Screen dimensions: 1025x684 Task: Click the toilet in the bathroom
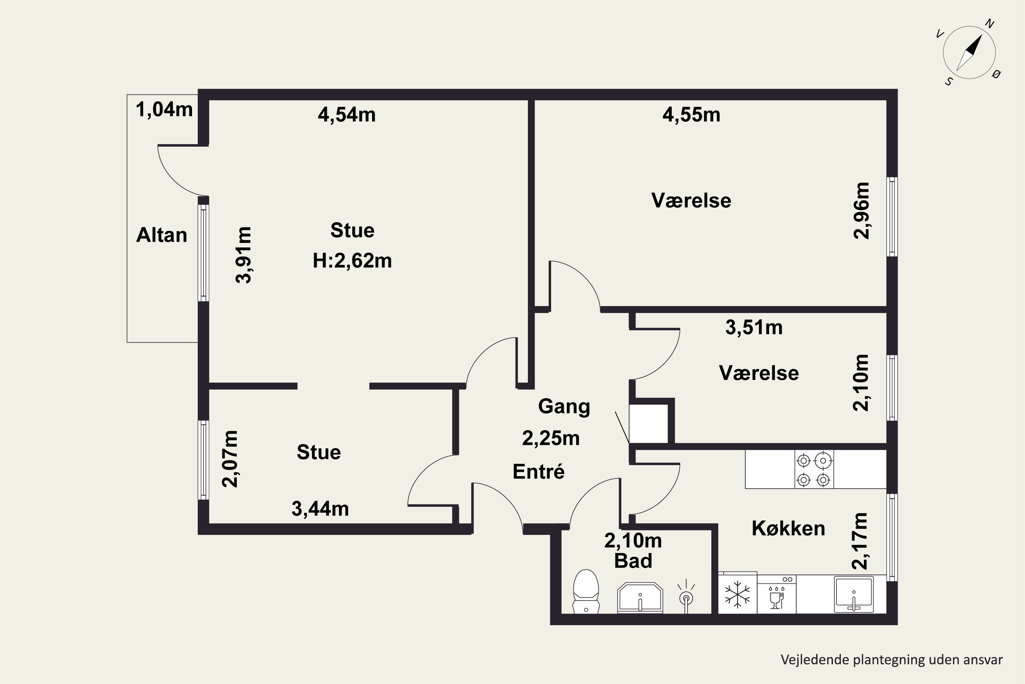point(586,592)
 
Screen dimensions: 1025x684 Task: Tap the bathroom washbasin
point(640,597)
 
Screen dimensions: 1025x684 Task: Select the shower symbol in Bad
point(686,596)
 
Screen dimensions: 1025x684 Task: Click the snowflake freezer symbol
point(737,594)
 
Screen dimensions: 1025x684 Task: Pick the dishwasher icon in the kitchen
point(777,594)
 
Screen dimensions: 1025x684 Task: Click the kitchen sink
point(854,594)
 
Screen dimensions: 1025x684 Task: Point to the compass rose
point(969,53)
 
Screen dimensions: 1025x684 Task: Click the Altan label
point(162,235)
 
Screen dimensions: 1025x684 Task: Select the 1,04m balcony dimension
point(164,109)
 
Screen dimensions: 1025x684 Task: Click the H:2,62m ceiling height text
point(352,261)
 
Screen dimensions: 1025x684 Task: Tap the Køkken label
point(788,528)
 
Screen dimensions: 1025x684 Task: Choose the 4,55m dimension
point(691,115)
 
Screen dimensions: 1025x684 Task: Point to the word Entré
point(539,472)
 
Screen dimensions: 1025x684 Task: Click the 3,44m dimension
point(320,509)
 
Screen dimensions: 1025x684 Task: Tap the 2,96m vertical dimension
point(861,211)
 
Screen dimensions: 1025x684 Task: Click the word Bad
point(633,561)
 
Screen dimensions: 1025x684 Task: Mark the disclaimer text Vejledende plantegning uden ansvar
point(892,660)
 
